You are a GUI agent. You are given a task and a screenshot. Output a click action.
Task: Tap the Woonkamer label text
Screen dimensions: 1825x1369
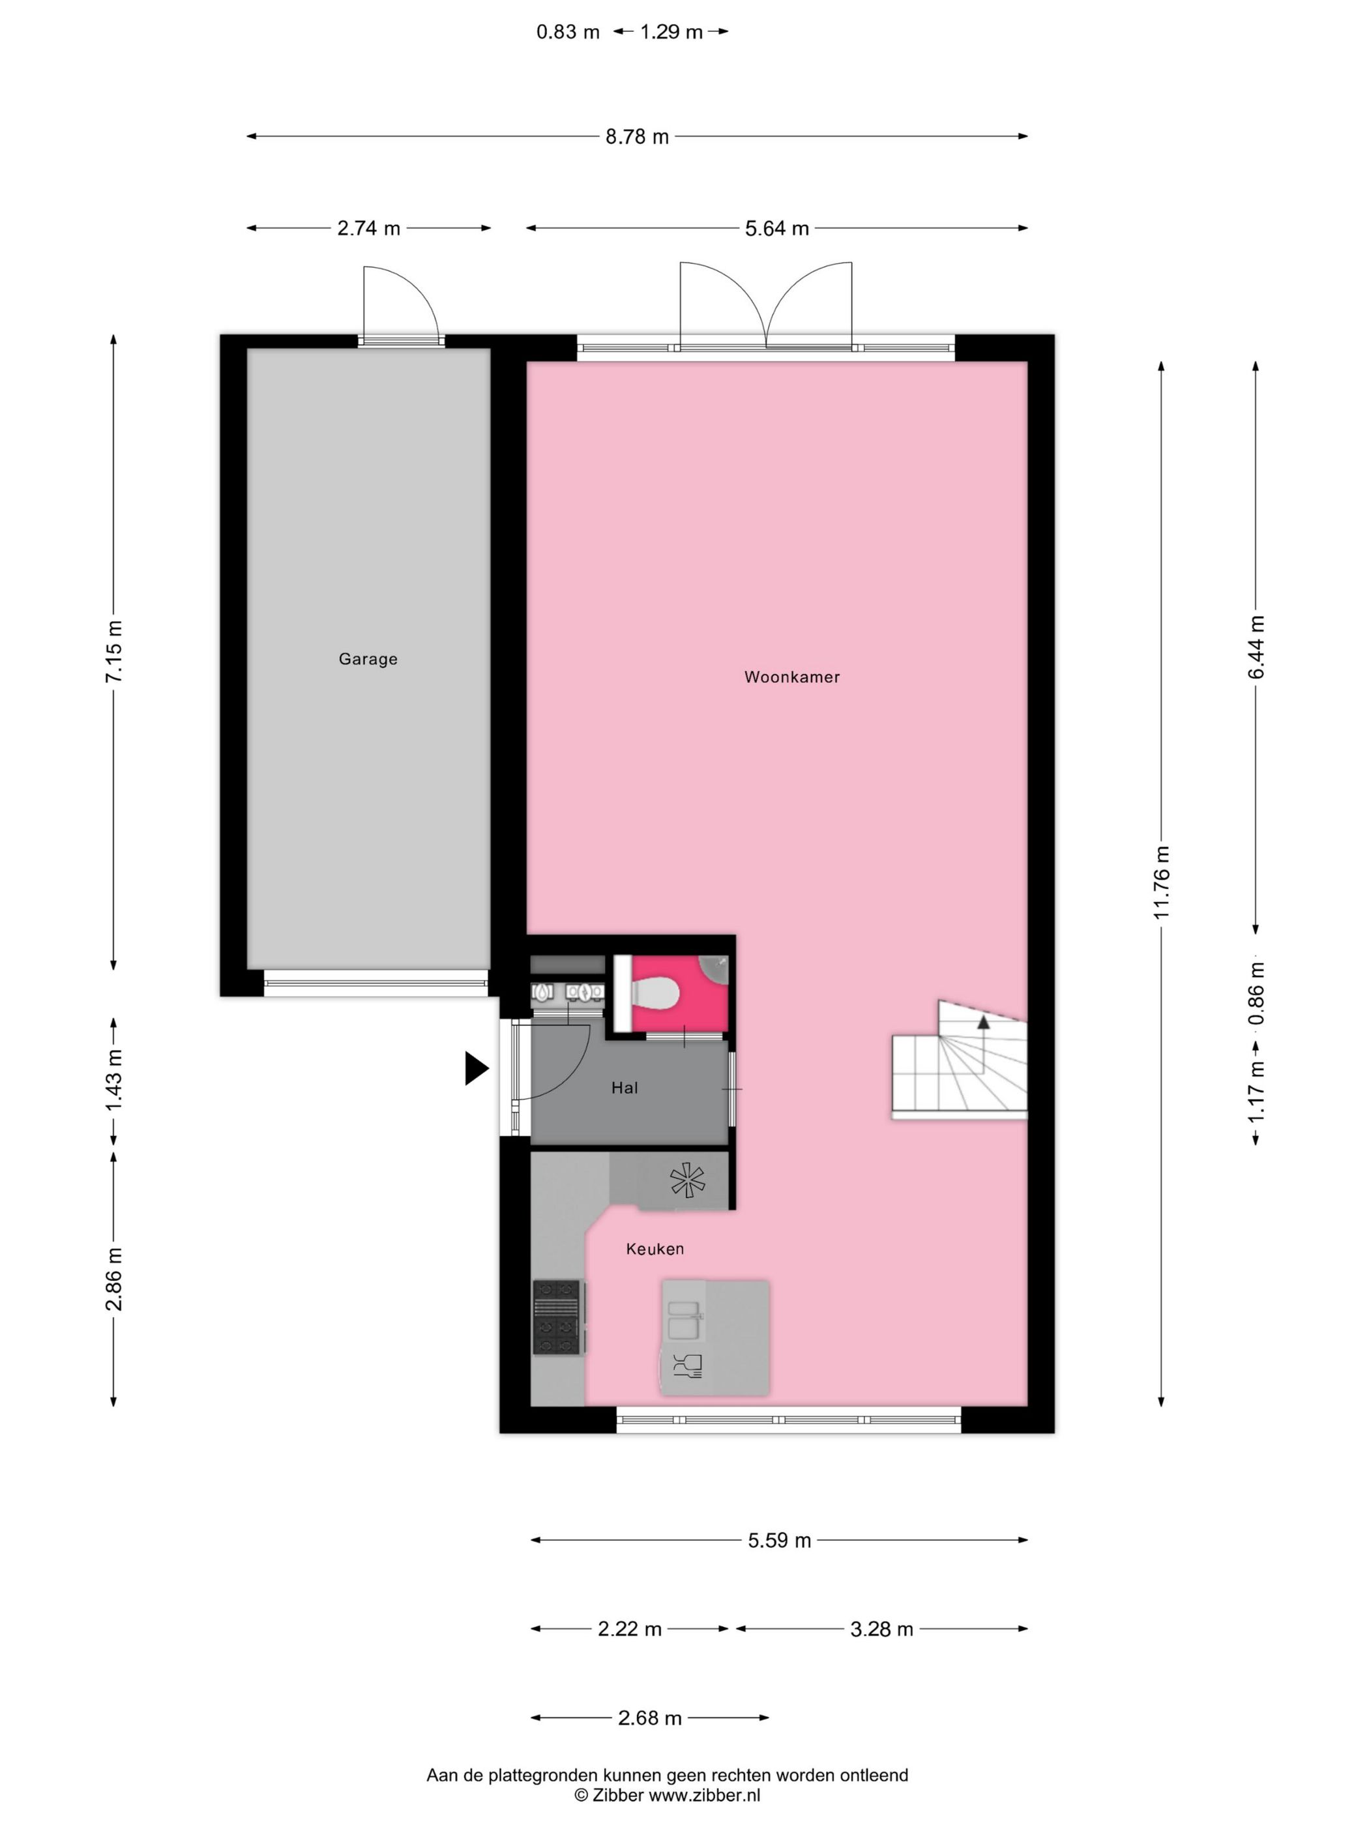(791, 677)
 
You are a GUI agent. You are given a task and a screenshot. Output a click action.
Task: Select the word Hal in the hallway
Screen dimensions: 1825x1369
(624, 1087)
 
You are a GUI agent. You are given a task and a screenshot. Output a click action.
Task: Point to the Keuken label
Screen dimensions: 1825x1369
(655, 1248)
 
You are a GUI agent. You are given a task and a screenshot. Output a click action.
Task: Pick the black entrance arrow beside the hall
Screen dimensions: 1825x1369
(476, 1068)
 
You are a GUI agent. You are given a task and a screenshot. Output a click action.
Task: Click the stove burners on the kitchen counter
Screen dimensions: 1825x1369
(556, 1317)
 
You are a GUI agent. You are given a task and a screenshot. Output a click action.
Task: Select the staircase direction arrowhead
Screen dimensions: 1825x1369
(983, 1022)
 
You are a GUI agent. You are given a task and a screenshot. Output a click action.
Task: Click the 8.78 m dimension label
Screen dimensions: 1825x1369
(637, 137)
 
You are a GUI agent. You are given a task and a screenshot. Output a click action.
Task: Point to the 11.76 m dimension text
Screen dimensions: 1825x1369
(1161, 882)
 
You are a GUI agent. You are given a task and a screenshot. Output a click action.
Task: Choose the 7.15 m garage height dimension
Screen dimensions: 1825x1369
(114, 651)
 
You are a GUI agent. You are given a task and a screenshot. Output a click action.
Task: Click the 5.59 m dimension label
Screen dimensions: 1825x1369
(779, 1540)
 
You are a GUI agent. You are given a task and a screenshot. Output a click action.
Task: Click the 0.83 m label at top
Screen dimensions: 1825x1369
(568, 32)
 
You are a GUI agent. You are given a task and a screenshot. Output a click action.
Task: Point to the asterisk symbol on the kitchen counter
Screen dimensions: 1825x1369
(687, 1180)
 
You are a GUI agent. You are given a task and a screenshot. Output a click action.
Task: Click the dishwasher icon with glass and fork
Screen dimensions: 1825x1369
(686, 1366)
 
